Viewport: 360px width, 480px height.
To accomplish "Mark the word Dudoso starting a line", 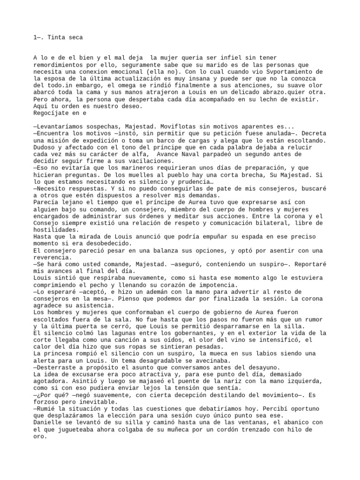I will click(x=45, y=147).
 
